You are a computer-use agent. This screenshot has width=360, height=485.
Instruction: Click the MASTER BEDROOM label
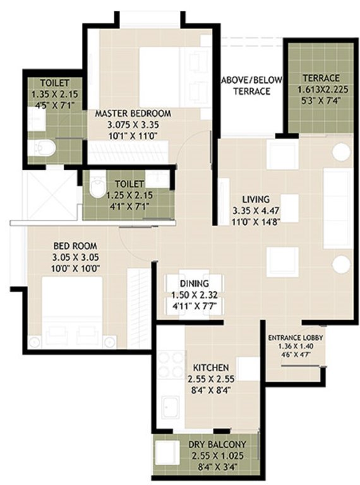pyautogui.click(x=133, y=114)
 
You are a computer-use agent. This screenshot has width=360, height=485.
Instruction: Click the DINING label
pyautogui.click(x=189, y=284)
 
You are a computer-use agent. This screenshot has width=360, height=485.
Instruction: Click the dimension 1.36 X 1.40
pyautogui.click(x=295, y=347)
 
